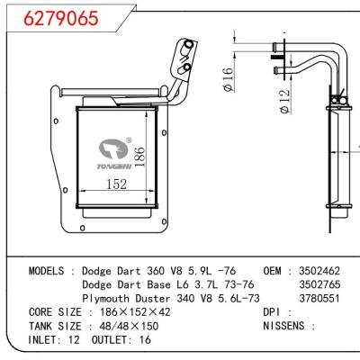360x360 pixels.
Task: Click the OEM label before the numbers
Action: click(274, 270)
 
